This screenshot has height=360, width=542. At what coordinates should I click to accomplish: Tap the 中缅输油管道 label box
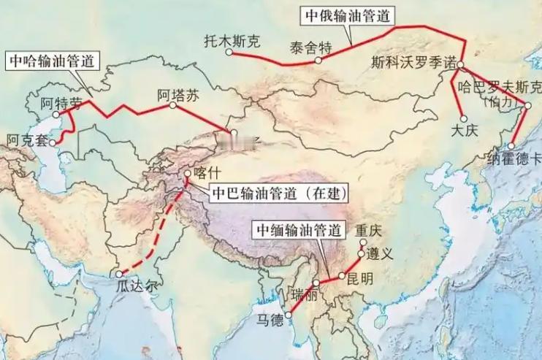pos(298,230)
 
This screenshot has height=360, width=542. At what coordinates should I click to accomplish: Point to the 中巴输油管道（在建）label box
pos(279,194)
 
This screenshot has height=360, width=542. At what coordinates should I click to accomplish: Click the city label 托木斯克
pos(232,42)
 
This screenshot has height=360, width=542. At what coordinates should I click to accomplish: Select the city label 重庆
pos(368,230)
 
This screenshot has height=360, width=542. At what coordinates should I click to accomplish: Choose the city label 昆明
pos(361,278)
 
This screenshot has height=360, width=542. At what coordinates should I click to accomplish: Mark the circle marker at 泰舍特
pos(318,61)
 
